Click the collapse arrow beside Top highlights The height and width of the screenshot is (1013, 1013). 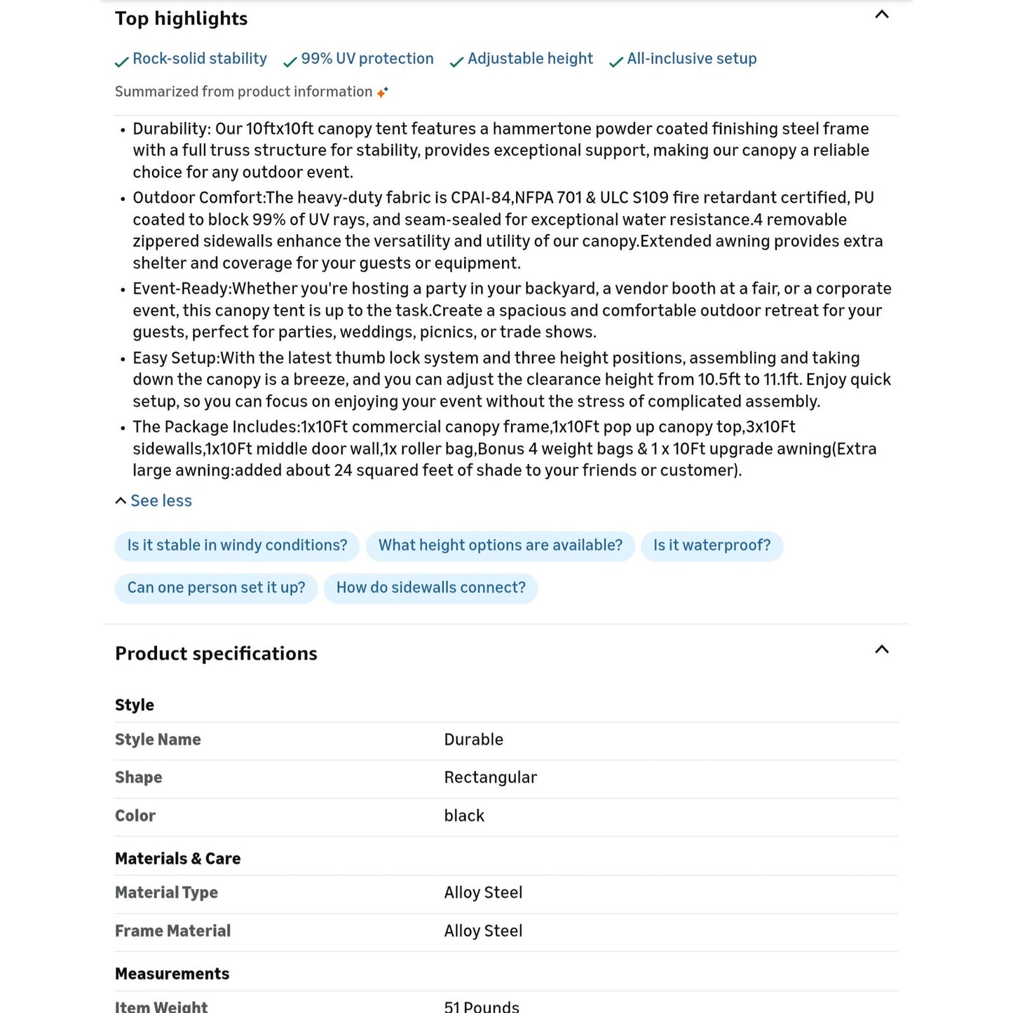click(882, 15)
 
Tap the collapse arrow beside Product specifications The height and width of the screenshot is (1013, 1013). click(882, 650)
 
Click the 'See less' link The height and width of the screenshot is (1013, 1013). click(161, 501)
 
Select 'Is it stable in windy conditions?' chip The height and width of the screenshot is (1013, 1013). click(237, 545)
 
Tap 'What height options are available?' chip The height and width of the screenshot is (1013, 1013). click(500, 545)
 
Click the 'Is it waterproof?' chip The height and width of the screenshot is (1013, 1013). click(712, 545)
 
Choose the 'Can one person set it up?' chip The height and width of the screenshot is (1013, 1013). click(216, 587)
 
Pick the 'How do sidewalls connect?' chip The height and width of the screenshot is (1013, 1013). click(430, 587)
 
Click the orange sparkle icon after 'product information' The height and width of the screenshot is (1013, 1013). click(383, 92)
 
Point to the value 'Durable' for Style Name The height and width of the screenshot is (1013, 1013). click(474, 740)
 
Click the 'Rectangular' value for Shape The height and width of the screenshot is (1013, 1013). click(491, 777)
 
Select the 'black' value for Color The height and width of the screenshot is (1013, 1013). click(464, 816)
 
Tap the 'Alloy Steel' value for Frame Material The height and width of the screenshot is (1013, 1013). click(483, 931)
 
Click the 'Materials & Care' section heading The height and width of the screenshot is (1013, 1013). click(177, 859)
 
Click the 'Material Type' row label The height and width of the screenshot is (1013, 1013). click(166, 892)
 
